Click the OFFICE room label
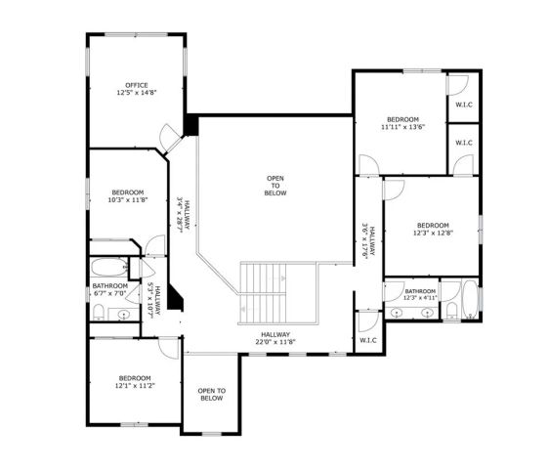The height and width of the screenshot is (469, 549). click(x=136, y=85)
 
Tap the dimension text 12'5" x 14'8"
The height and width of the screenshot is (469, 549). click(x=136, y=94)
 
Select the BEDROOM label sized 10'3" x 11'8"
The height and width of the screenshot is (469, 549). click(x=128, y=192)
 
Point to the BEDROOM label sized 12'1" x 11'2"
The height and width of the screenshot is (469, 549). click(x=135, y=378)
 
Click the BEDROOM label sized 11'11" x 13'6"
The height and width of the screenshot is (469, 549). click(x=401, y=118)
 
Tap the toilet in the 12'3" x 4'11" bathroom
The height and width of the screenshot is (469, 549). click(x=451, y=310)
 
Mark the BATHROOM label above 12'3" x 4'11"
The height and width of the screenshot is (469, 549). click(x=420, y=290)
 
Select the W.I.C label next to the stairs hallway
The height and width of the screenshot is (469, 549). click(x=368, y=340)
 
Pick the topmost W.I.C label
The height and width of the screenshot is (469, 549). click(x=463, y=105)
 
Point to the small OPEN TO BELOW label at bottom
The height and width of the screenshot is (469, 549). click(x=211, y=394)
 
